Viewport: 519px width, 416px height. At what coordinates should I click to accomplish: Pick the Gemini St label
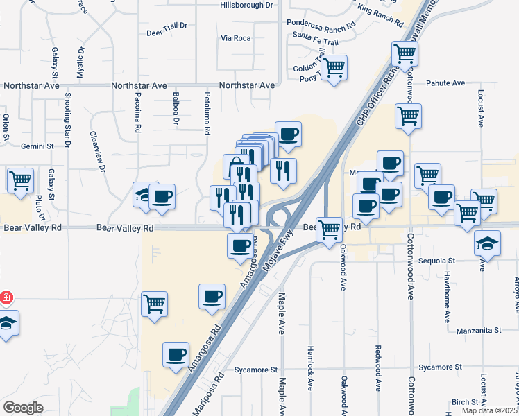[x=37, y=146]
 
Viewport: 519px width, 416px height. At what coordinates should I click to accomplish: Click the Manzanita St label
[x=479, y=331]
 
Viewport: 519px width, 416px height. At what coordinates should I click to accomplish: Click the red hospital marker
[x=5, y=298]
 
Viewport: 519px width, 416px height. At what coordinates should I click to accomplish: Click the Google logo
[x=23, y=408]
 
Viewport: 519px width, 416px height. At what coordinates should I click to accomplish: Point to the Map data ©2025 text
[x=490, y=410]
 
